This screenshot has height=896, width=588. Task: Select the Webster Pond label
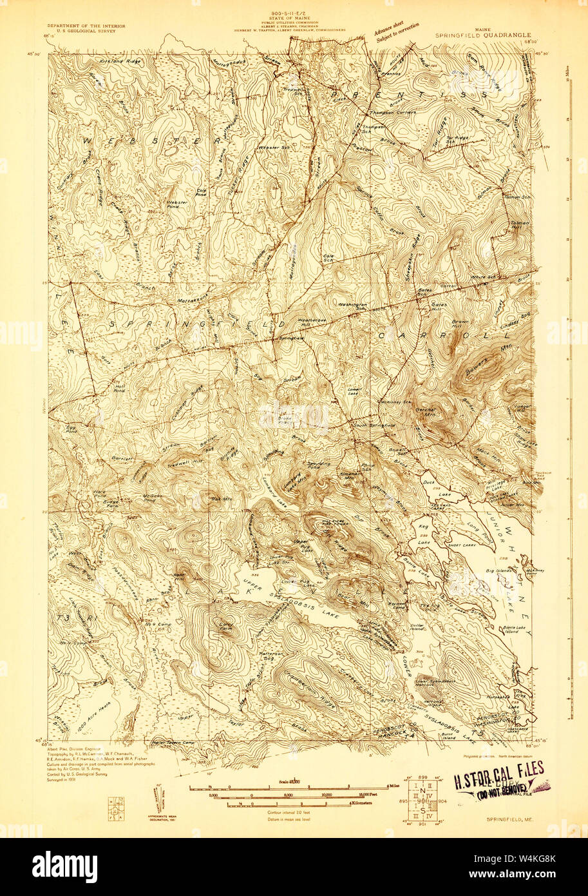177,204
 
